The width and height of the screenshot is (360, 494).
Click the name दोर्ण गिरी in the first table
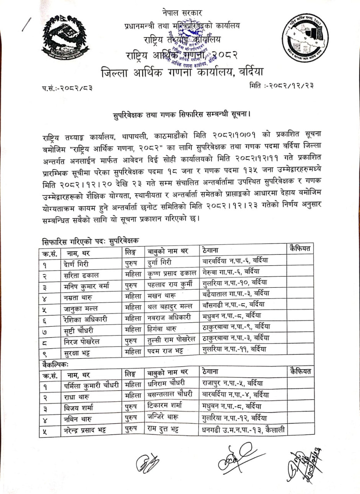coord(77,264)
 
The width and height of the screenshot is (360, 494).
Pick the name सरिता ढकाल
coord(82,275)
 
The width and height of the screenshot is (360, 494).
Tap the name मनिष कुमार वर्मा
coord(87,286)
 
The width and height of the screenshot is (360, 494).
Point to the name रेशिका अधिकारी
coord(86,319)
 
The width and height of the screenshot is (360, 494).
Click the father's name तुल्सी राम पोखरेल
coord(171,339)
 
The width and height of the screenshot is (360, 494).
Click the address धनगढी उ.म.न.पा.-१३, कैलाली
coord(243,429)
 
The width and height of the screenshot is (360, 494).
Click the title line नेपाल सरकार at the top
coord(182,13)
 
